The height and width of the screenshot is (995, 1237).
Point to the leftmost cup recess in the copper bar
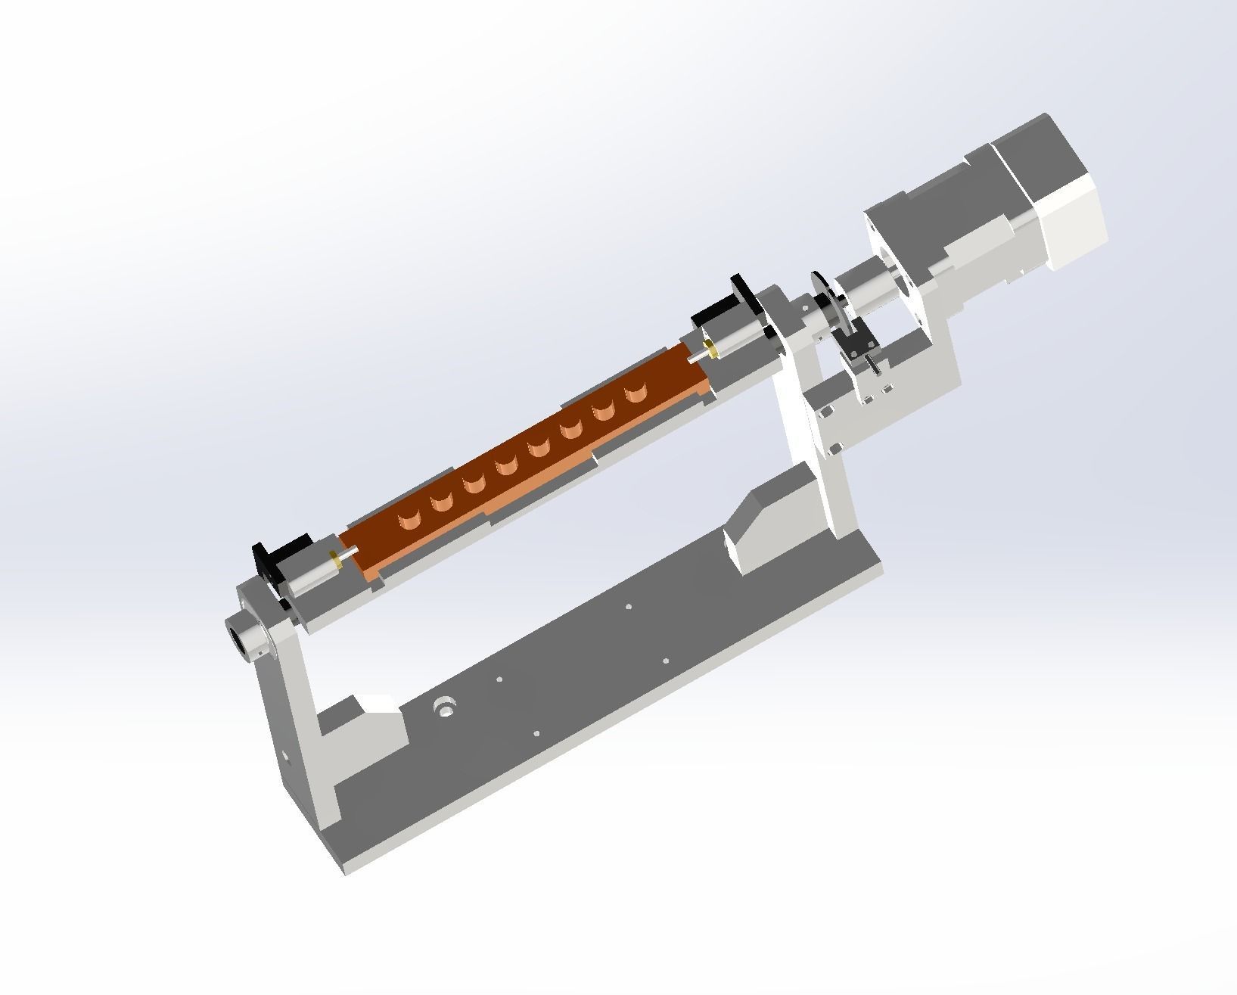point(409,520)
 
